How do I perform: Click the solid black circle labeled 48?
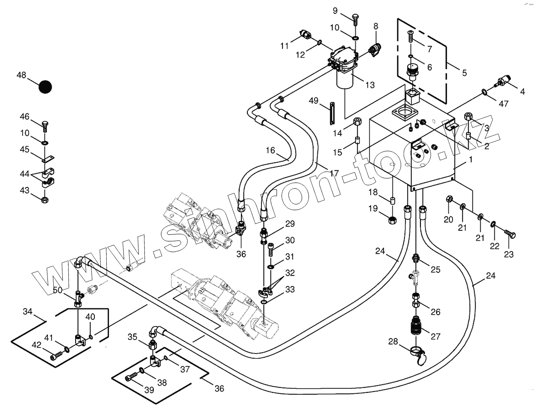pos(45,87)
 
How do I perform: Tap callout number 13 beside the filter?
pos(370,85)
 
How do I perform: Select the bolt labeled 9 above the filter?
pos(355,18)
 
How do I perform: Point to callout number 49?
pos(314,101)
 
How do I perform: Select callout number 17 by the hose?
pos(334,173)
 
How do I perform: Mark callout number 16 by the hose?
pos(270,150)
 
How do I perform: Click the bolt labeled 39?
pos(131,377)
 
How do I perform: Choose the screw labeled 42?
pos(55,355)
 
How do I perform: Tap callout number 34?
pos(28,312)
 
